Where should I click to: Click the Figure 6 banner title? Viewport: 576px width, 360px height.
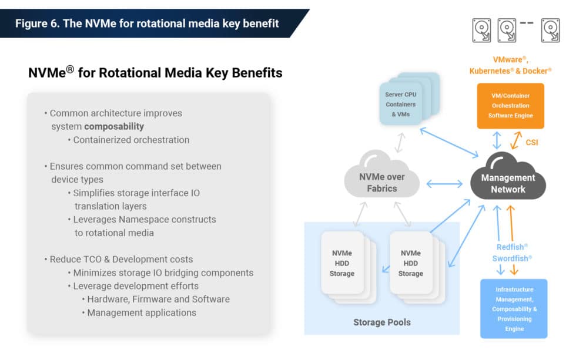click(146, 23)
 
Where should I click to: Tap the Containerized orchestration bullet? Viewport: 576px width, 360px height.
click(130, 140)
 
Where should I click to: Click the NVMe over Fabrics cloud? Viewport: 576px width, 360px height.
click(382, 182)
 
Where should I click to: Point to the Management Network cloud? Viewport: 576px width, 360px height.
click(508, 183)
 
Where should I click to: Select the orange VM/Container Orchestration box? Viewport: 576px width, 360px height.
click(510, 106)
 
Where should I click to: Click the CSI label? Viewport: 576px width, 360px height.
click(531, 142)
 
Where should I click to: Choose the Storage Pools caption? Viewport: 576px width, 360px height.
click(382, 322)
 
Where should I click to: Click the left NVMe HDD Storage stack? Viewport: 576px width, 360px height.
click(342, 264)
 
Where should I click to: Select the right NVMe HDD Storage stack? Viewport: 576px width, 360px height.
click(411, 264)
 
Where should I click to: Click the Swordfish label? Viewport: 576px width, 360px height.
click(511, 258)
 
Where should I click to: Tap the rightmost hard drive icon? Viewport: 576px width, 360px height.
click(550, 28)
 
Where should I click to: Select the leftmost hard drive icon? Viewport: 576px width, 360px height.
click(481, 28)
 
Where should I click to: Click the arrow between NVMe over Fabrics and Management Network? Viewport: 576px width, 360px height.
click(444, 184)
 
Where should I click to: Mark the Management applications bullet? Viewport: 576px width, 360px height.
click(141, 312)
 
